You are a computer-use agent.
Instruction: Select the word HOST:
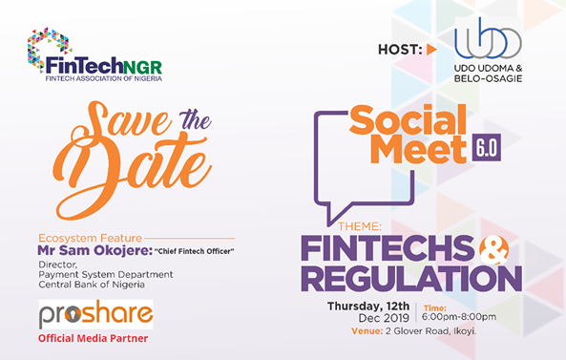pos(400,49)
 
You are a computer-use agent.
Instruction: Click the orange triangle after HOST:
pos(431,49)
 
